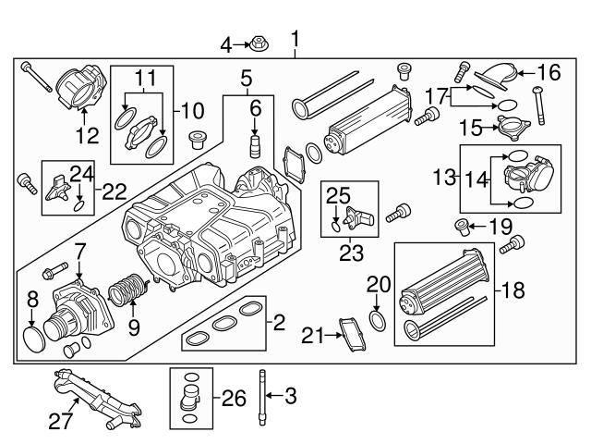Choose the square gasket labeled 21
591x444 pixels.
(353, 334)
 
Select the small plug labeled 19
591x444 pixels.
(460, 224)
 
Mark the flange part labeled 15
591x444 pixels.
(508, 126)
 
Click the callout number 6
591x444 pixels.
(255, 109)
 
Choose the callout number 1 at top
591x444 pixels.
(295, 39)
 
